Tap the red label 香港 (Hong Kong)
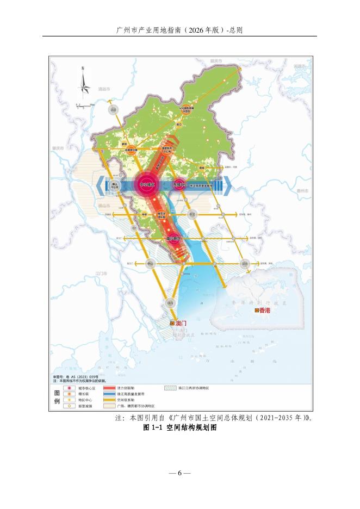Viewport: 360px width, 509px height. coord(263,311)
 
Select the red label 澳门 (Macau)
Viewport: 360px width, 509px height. coord(180,323)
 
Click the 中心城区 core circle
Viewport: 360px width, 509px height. coord(146,185)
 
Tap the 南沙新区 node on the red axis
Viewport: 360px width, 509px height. coord(173,239)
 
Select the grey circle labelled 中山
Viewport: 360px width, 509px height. coord(150,263)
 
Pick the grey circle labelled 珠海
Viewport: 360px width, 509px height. coord(170,302)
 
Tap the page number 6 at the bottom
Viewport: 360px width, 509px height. coord(179,473)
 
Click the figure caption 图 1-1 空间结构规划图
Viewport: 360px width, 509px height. coord(179,428)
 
